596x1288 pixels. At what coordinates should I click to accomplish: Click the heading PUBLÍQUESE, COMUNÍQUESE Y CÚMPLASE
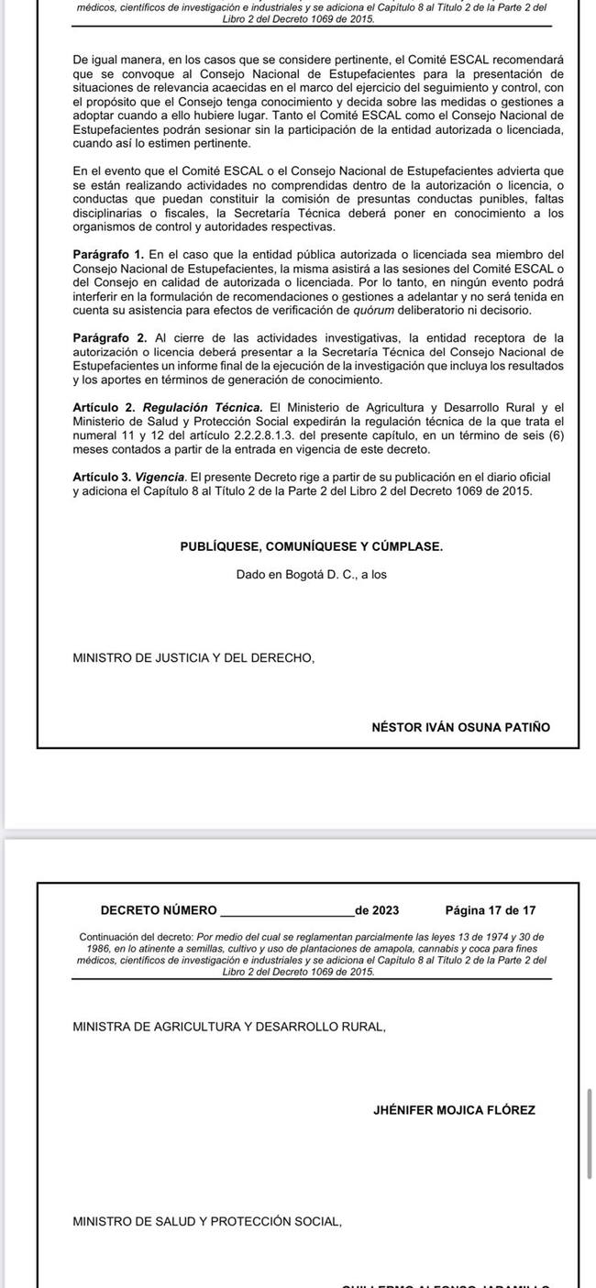click(311, 546)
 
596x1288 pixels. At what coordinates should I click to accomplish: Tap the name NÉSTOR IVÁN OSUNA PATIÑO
click(460, 727)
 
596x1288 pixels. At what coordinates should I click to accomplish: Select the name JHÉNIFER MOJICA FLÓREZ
click(454, 1110)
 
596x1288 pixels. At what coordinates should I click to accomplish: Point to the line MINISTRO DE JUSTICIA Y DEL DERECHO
click(193, 657)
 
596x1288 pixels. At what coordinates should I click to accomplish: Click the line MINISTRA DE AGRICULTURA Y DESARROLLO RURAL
click(228, 1027)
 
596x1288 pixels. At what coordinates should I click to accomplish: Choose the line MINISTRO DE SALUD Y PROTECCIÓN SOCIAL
click(206, 1222)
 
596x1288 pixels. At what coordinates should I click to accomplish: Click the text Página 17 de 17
click(490, 910)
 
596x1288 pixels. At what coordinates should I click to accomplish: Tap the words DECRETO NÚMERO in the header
click(159, 910)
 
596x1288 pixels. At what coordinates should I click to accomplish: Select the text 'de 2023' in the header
click(377, 910)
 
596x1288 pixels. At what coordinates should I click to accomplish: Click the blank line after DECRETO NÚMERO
click(287, 912)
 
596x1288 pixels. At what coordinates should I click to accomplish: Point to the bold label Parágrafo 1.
click(108, 254)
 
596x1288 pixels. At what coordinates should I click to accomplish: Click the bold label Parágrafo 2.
click(108, 337)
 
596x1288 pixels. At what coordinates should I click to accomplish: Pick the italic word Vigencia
click(160, 477)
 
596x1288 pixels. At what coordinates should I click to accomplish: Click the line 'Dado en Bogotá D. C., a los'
click(311, 575)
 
